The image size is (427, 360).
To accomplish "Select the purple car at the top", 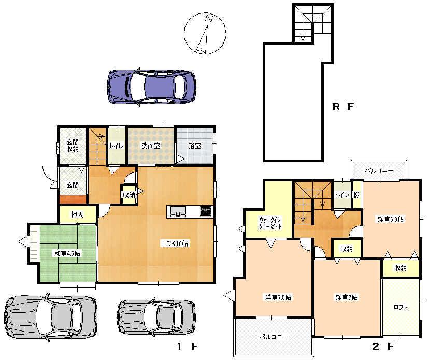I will pos(152,86).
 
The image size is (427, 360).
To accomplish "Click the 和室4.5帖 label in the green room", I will pos(67,253).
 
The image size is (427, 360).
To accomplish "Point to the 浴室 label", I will pos(195,146).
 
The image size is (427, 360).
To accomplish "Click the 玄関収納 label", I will pos(72,146).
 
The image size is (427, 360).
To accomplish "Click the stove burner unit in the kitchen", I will pos(205,211).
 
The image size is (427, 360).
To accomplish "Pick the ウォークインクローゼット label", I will pos(271,223).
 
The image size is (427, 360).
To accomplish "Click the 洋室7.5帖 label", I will pos(278,297).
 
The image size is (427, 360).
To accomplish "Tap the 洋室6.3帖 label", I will pos(391,219).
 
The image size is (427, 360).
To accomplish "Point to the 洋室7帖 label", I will pos(347,297).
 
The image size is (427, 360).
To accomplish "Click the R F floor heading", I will pos(343,107).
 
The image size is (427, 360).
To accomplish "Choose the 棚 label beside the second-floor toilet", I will pos(357,195).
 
